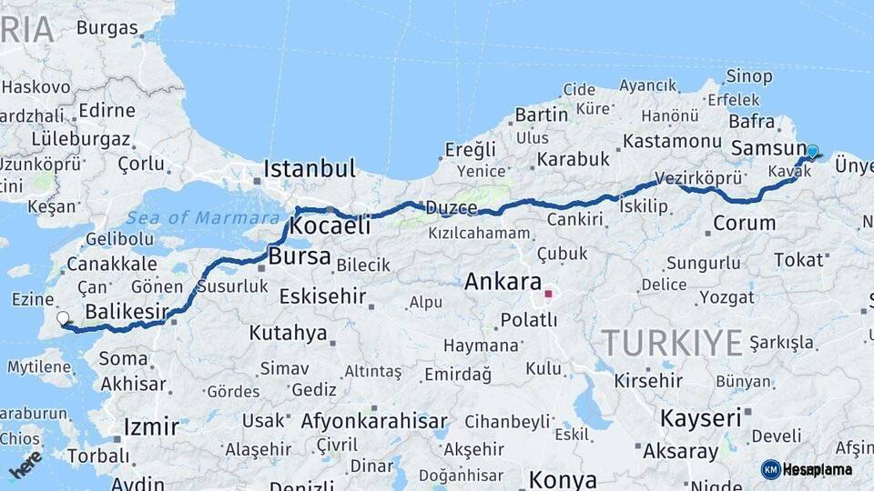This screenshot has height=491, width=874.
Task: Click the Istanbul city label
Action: coord(309,168)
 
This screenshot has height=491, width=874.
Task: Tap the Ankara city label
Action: coord(503,282)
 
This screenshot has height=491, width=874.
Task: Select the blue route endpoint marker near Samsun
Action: coord(812,152)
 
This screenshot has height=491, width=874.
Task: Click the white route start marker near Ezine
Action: coord(63,318)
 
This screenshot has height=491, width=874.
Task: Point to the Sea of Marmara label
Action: coord(204,217)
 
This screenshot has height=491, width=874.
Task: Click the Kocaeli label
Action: coord(332,225)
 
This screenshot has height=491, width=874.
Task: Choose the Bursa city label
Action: coord(300,257)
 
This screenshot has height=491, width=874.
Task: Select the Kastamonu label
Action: coord(673,141)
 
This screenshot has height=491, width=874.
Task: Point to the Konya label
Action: coord(563,479)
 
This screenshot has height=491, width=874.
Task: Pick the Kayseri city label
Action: coord(700,418)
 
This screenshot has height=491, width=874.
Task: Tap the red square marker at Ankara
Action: coord(548,294)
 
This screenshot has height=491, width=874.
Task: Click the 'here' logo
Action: coord(25,464)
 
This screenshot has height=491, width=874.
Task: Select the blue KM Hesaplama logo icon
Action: coord(770,469)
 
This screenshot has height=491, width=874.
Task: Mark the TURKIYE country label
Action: coord(672,343)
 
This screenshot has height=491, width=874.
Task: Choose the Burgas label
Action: coord(107,27)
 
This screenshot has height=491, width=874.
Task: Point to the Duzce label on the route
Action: coord(452,208)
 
